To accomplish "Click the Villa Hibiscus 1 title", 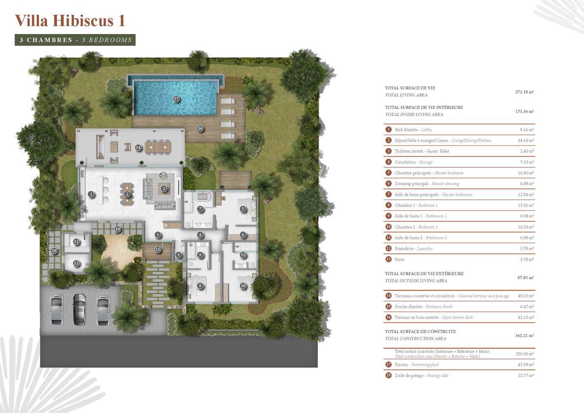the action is pyautogui.click(x=70, y=20).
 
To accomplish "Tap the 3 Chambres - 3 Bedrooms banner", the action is pyautogui.click(x=75, y=40).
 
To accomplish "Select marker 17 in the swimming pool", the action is pyautogui.click(x=177, y=98).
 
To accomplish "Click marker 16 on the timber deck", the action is pyautogui.click(x=200, y=128).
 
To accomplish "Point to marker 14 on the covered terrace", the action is pyautogui.click(x=138, y=148).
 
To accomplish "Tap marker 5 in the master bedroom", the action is pyautogui.click(x=243, y=209).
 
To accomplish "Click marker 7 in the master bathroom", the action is pyautogui.click(x=200, y=209).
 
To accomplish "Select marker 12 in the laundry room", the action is pyautogui.click(x=76, y=242).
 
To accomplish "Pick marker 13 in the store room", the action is pyautogui.click(x=76, y=263).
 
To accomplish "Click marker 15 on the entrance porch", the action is pyautogui.click(x=158, y=250).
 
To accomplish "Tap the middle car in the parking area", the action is pyautogui.click(x=79, y=309).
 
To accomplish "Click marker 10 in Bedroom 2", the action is pyautogui.click(x=243, y=286).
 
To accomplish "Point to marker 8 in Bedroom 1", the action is pyautogui.click(x=200, y=286).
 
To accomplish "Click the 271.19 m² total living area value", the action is pyautogui.click(x=524, y=92).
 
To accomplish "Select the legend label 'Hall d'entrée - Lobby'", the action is pyautogui.click(x=413, y=129).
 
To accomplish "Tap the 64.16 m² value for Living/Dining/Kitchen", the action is pyautogui.click(x=526, y=141).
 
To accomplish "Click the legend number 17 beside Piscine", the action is pyautogui.click(x=388, y=364).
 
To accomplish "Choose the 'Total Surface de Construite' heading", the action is pyautogui.click(x=420, y=331).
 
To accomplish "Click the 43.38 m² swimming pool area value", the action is pyautogui.click(x=526, y=364).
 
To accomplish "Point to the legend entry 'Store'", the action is pyautogui.click(x=400, y=260).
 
